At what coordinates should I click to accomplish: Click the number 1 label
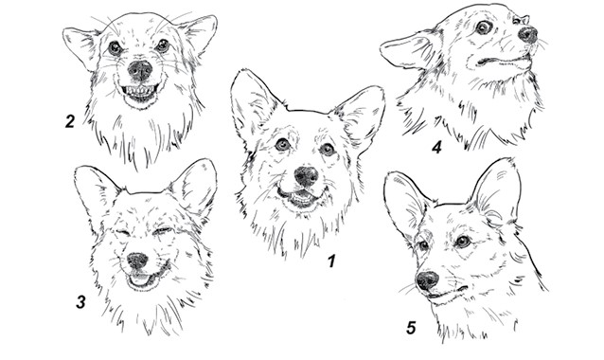331,261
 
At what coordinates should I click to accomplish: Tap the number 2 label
70,121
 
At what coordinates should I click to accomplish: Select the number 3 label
80,302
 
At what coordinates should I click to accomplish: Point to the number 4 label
436,147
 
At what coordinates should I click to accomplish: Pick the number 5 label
411,328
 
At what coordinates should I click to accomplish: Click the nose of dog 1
306,176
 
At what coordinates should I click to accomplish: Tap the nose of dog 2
140,70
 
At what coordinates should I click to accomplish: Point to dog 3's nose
137,261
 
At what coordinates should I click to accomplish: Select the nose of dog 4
527,34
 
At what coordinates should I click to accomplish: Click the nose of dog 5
427,280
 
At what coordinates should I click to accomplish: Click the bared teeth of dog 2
140,92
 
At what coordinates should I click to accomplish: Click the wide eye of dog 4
483,27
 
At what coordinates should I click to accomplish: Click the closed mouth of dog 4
501,61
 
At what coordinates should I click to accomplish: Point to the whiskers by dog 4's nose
542,44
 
